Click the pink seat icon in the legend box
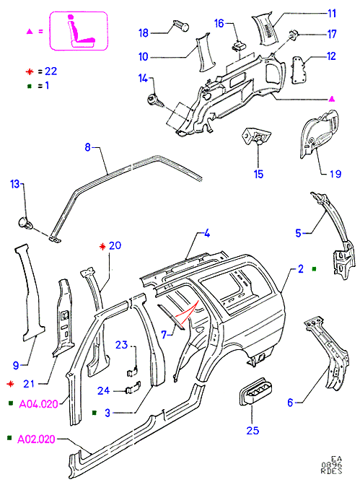click(x=82, y=31)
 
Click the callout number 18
click(x=144, y=33)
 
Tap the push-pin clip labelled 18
click(x=181, y=25)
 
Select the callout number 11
click(x=332, y=14)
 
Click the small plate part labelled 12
click(x=299, y=70)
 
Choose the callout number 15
click(x=258, y=175)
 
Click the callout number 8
click(x=87, y=147)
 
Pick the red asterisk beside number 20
click(x=102, y=247)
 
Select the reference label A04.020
click(x=38, y=404)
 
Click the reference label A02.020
click(x=36, y=439)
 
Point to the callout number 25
click(x=253, y=431)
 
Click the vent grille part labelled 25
click(x=255, y=391)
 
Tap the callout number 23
click(x=121, y=345)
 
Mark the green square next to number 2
click(x=314, y=269)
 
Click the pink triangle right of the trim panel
click(x=332, y=99)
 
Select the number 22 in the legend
click(x=51, y=71)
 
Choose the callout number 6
click(x=290, y=403)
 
